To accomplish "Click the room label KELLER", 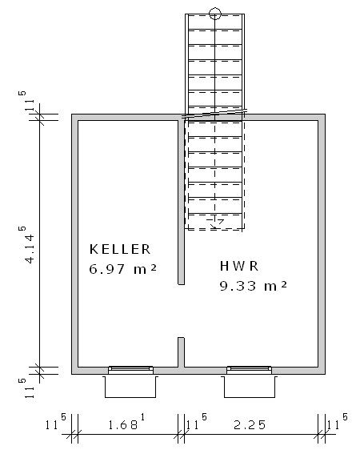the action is click(120, 249).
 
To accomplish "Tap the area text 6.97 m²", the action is click(122, 269).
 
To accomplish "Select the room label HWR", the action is click(239, 266).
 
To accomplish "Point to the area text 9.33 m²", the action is click(253, 286).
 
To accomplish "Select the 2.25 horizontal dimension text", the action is click(250, 425).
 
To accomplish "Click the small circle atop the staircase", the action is click(215, 14).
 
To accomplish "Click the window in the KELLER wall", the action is click(130, 370).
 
